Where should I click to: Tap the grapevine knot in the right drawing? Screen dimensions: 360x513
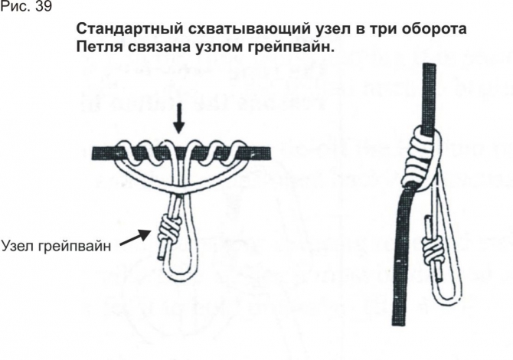(432, 248)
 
